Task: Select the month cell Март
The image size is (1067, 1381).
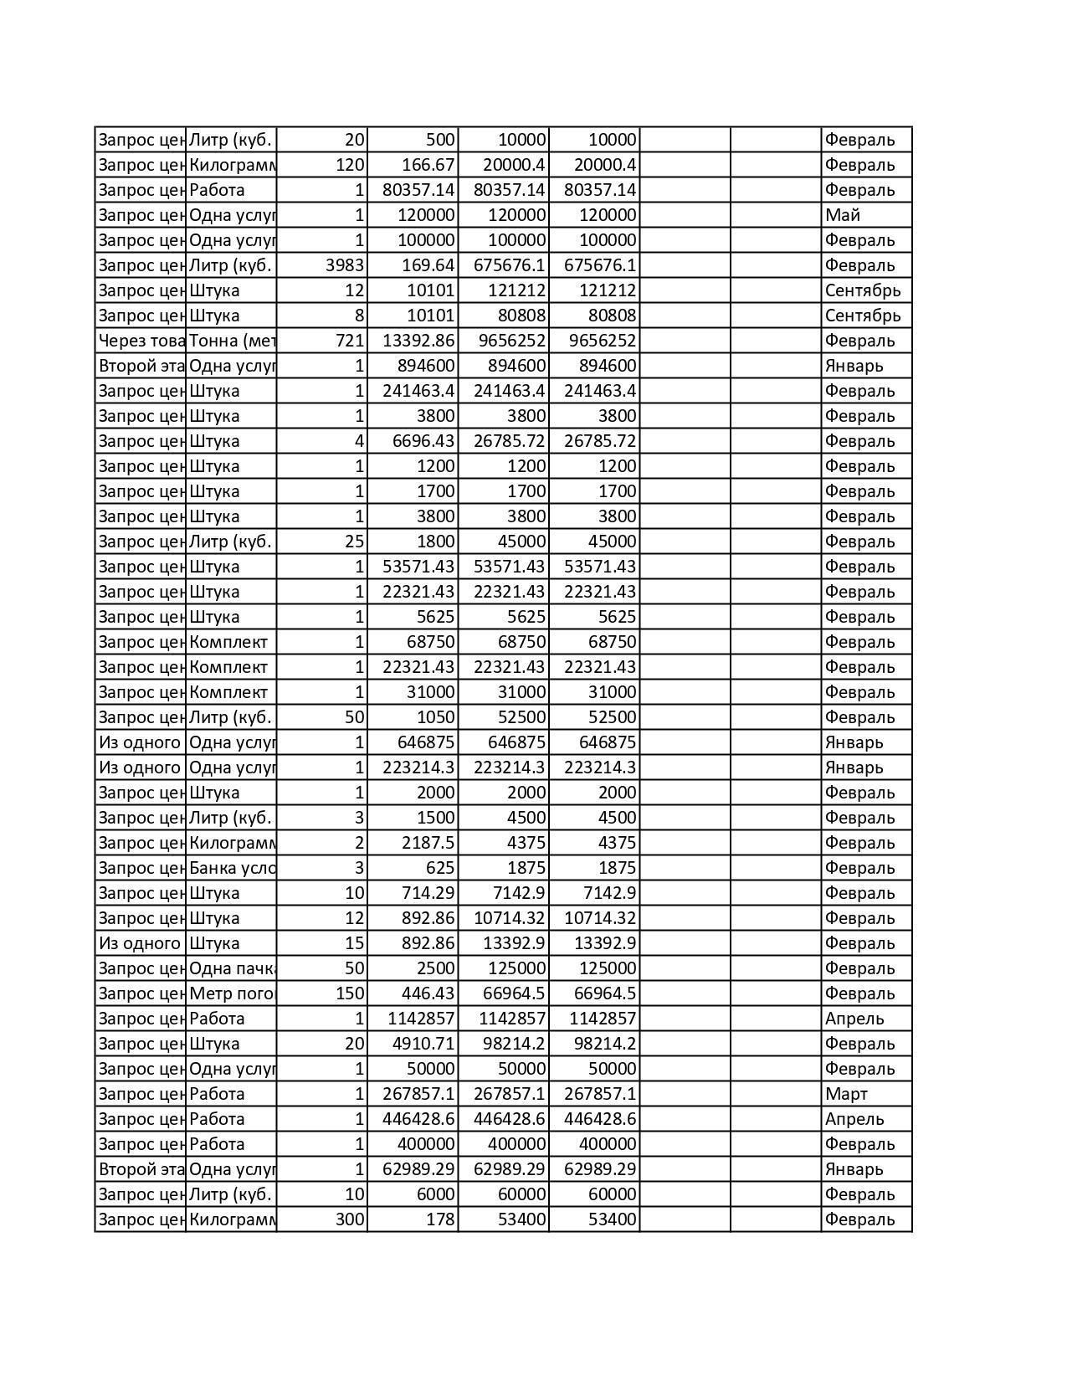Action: point(846,1094)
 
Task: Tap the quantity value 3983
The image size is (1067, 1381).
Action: point(344,265)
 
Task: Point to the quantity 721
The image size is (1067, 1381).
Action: point(350,341)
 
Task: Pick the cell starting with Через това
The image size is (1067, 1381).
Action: point(141,341)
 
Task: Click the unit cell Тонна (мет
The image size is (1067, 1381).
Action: point(232,341)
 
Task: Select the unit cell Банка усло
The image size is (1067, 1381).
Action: point(232,868)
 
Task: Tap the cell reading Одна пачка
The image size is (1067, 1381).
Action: point(232,968)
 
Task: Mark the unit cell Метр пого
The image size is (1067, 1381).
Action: point(232,993)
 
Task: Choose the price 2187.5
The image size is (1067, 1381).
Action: point(428,843)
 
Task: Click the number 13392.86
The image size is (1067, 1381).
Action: point(418,341)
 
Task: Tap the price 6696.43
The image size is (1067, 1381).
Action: point(423,441)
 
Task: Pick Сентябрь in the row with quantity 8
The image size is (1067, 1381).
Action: point(862,316)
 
